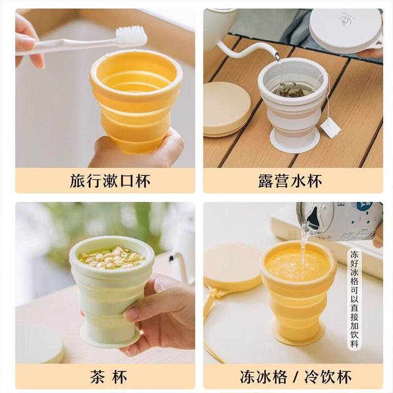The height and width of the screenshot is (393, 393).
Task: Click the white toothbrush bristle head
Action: point(131,37)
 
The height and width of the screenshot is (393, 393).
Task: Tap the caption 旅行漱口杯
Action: point(110,181)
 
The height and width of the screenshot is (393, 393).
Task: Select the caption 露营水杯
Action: point(290,181)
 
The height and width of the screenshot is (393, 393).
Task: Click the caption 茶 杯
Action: point(109,376)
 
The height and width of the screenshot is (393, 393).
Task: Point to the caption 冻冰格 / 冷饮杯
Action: point(296,376)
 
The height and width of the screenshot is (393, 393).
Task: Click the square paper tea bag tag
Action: point(330,129)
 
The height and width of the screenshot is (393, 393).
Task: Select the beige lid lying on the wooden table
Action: point(227,109)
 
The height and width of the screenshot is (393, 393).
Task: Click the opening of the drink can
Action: point(313,219)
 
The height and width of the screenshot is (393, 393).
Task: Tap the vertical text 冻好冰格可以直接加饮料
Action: point(354,299)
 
